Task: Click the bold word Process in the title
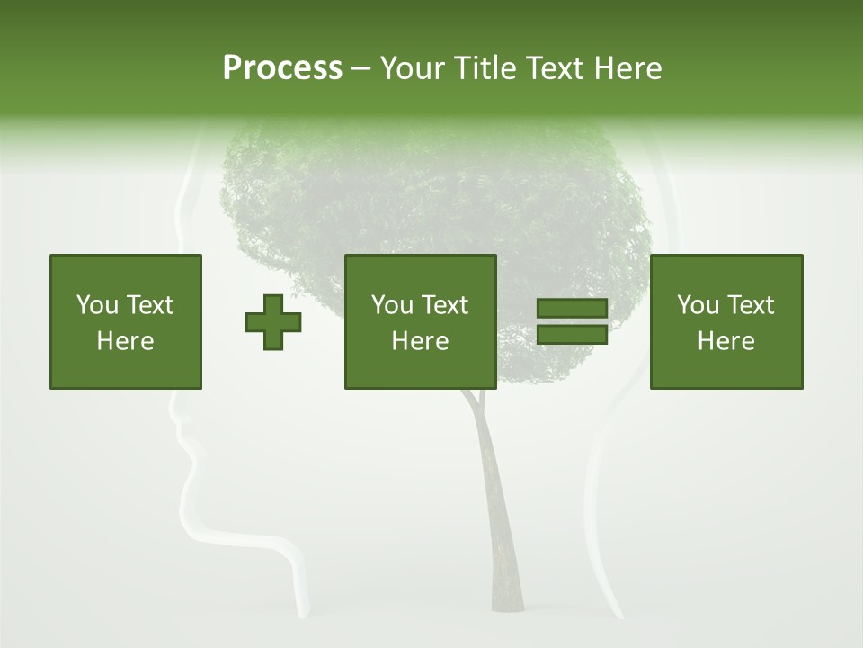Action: tap(282, 68)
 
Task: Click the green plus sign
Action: tap(273, 322)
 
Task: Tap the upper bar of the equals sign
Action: tap(572, 309)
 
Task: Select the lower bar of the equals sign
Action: tap(572, 335)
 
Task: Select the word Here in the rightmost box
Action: tap(726, 341)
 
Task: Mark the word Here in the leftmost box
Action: tap(126, 341)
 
